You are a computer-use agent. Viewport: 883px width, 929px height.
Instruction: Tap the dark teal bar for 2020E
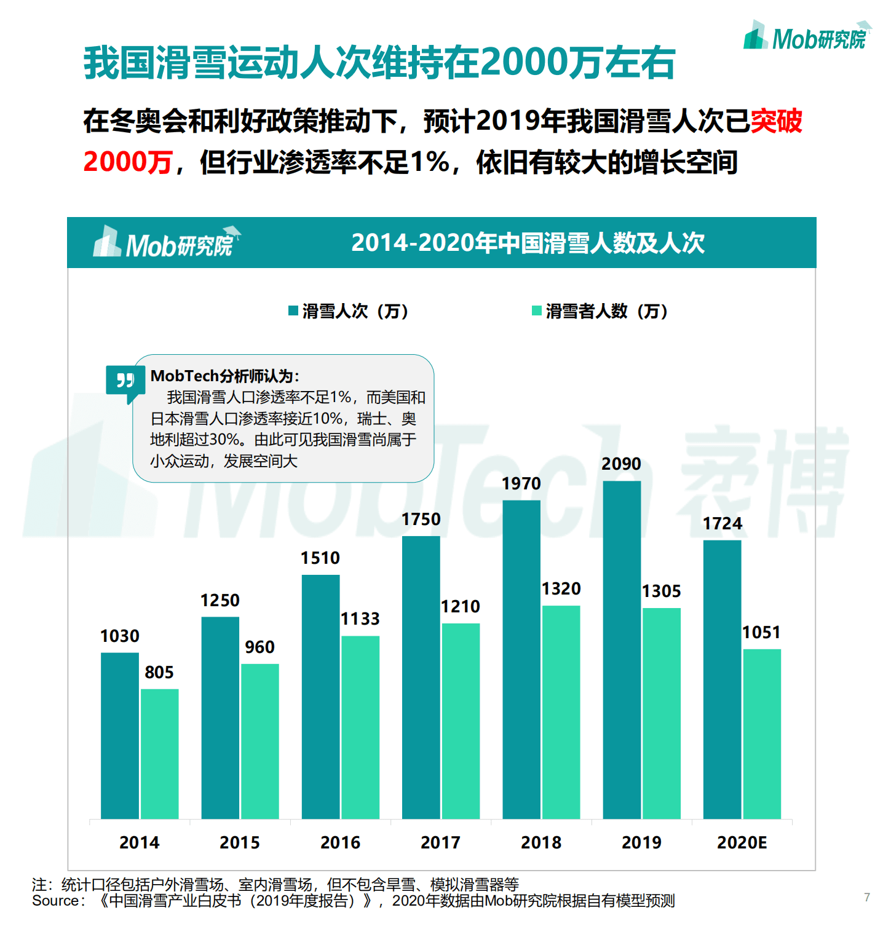click(722, 679)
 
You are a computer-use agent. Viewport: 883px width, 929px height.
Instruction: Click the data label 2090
click(621, 464)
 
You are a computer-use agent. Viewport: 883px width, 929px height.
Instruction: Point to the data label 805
click(159, 672)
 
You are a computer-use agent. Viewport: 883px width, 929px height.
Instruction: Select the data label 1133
click(360, 619)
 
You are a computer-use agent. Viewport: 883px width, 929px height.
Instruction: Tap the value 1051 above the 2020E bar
click(761, 632)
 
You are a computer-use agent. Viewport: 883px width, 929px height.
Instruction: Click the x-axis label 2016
click(340, 842)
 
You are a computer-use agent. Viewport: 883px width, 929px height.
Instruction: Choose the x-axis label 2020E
click(742, 842)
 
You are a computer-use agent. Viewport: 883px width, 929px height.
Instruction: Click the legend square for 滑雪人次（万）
click(293, 311)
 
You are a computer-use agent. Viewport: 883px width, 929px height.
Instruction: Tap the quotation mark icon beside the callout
click(125, 381)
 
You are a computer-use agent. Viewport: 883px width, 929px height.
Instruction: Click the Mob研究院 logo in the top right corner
click(806, 37)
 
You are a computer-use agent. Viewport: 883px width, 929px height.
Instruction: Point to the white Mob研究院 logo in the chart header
click(166, 243)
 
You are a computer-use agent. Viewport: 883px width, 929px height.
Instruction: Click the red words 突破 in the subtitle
click(776, 121)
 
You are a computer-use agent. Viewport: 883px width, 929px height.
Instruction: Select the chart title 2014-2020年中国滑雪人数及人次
click(528, 243)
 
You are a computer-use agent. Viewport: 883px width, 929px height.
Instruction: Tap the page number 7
click(867, 897)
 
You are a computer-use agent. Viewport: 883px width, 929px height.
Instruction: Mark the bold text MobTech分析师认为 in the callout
click(224, 376)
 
